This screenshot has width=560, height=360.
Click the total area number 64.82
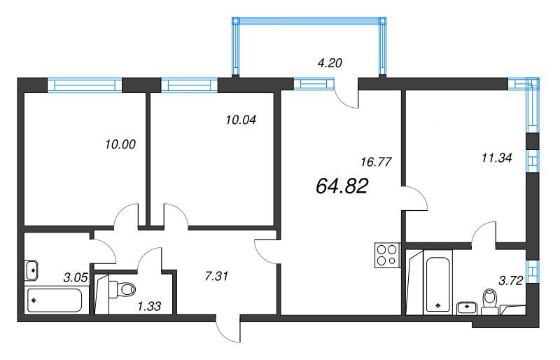(x=342, y=186)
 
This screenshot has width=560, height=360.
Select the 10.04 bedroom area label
(x=240, y=119)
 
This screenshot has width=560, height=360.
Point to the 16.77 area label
(x=375, y=161)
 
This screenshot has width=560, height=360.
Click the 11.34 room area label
(x=497, y=158)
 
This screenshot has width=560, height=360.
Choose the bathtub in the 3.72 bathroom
(x=438, y=286)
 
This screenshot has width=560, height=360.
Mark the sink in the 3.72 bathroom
(x=467, y=307)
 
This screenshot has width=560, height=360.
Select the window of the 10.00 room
(x=85, y=85)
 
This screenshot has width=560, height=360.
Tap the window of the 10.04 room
(x=190, y=85)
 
